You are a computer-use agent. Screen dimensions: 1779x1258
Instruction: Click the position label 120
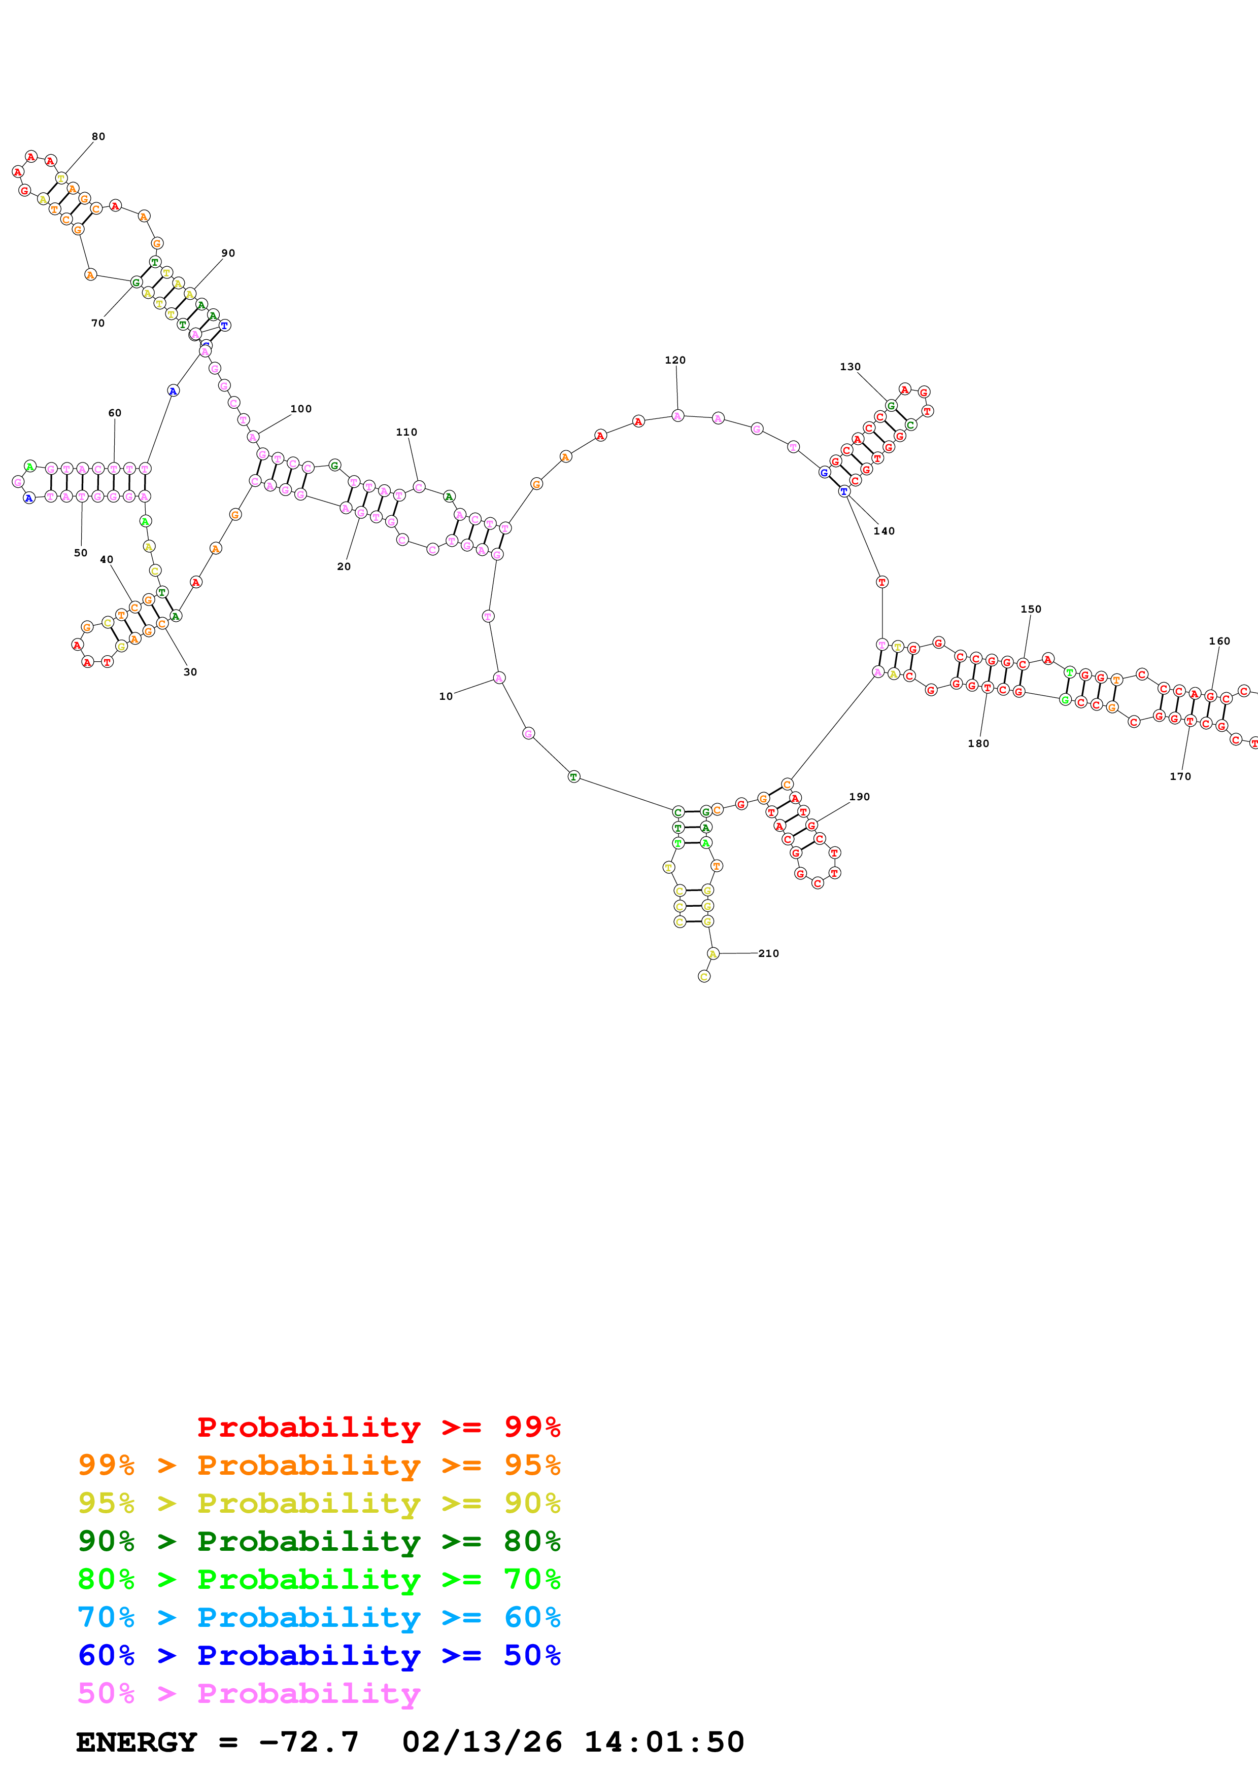click(x=674, y=360)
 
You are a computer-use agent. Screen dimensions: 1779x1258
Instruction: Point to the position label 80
click(x=98, y=136)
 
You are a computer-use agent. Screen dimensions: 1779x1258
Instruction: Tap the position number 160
click(x=1219, y=641)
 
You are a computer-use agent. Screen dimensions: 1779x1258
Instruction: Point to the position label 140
click(x=883, y=531)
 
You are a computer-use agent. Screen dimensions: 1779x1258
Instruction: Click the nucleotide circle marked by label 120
click(x=677, y=416)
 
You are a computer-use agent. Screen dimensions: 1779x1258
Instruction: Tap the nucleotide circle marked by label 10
click(x=499, y=678)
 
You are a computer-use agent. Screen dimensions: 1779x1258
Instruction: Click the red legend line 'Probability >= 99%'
click(x=378, y=1427)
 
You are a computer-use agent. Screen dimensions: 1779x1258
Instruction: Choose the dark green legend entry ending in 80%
click(x=319, y=1541)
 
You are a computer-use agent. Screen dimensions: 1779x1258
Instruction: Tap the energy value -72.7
click(x=309, y=1742)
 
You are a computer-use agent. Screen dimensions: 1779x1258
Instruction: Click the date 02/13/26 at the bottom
click(x=482, y=1742)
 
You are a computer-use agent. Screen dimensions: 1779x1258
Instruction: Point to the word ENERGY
click(x=137, y=1742)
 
